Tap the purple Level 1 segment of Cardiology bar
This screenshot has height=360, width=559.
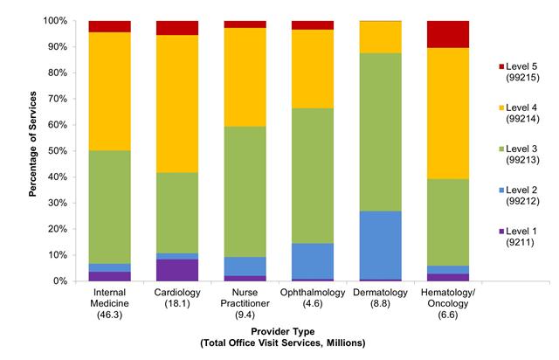pos(177,270)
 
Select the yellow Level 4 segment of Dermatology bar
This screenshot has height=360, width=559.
pos(380,38)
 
